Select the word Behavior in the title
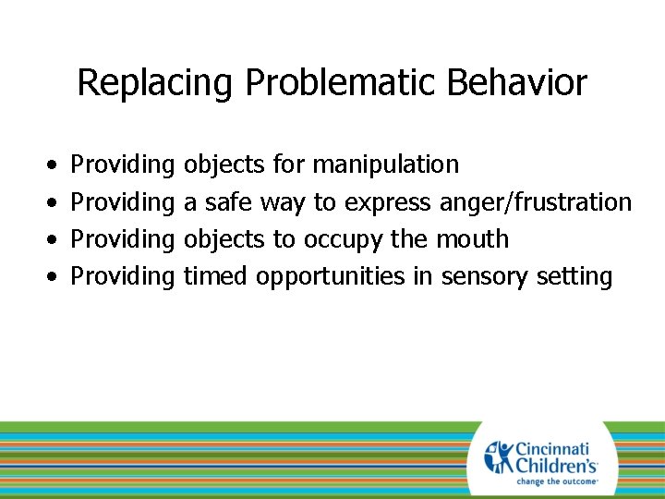tap(516, 83)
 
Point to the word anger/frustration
tap(536, 201)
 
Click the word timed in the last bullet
tap(216, 275)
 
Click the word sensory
tap(482, 276)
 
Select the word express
tap(387, 202)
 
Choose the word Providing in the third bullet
tap(123, 238)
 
